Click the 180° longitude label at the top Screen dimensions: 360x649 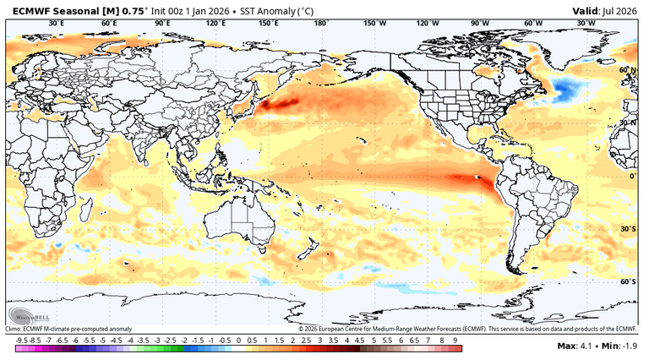pyautogui.click(x=321, y=24)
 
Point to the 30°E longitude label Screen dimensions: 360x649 pyautogui.click(x=57, y=24)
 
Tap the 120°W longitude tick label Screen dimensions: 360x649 pyautogui.click(x=427, y=24)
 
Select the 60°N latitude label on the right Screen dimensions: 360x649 pyautogui.click(x=627, y=70)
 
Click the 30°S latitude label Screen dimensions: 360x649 pyautogui.click(x=627, y=229)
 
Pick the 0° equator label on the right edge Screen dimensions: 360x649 pyautogui.click(x=632, y=176)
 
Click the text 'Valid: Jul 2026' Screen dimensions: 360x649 pyautogui.click(x=608, y=10)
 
